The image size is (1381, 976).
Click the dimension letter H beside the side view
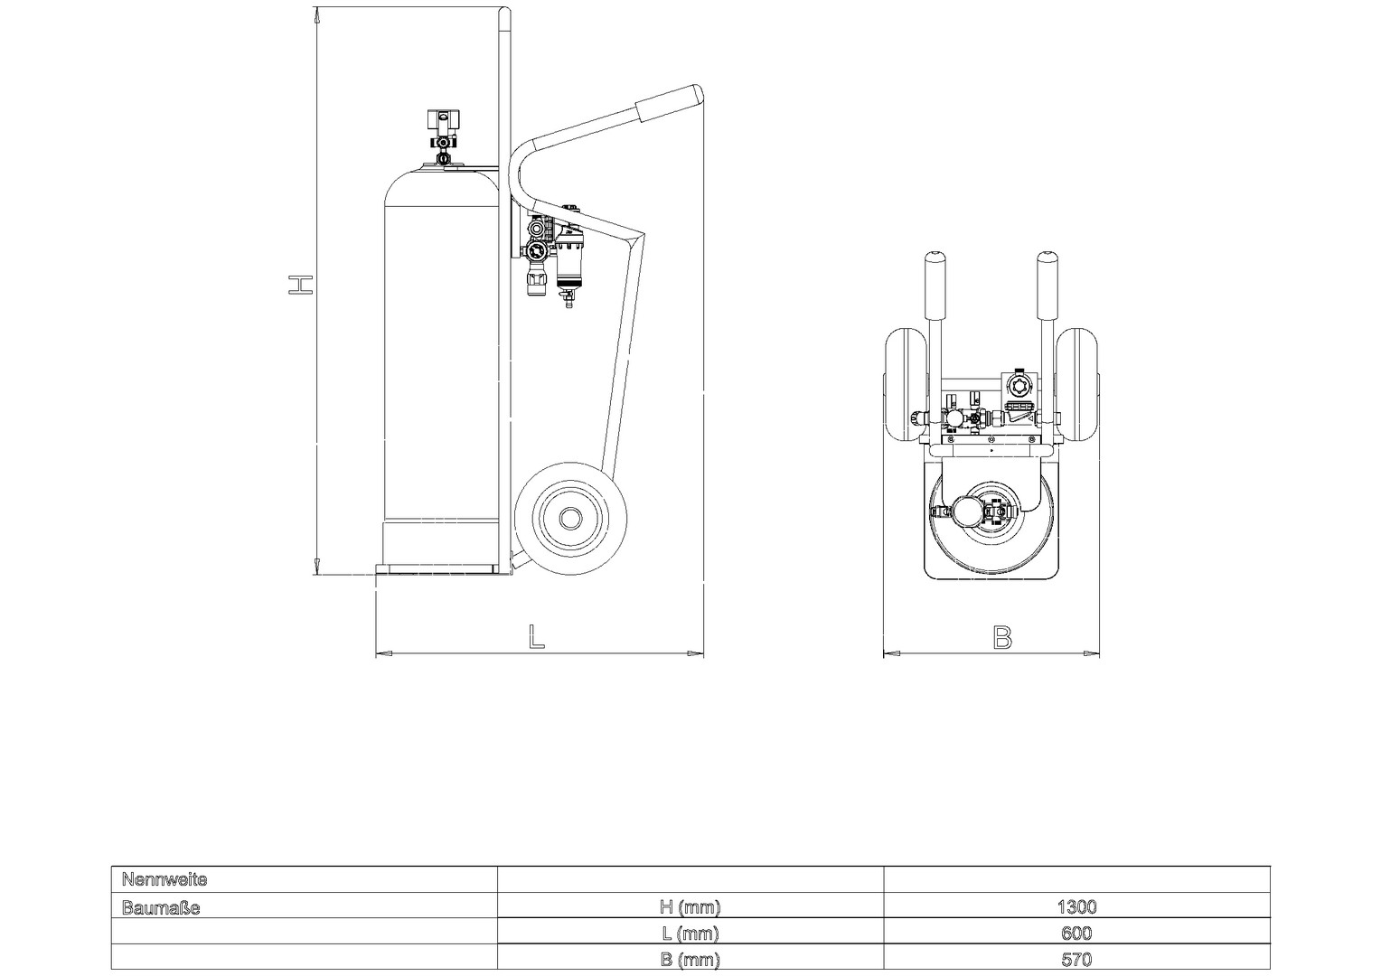click(x=301, y=285)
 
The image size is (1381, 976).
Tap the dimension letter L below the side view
click(x=537, y=636)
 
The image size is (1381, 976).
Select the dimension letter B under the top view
click(x=1003, y=637)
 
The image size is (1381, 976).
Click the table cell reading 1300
click(x=1076, y=906)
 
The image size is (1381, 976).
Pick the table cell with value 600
click(x=1076, y=933)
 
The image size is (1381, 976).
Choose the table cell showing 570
click(x=1076, y=960)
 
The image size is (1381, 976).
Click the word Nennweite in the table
click(x=164, y=880)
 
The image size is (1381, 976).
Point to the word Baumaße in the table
click(x=161, y=907)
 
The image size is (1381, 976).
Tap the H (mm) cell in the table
click(x=690, y=906)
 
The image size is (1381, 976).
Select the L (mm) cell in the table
click(x=690, y=934)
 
